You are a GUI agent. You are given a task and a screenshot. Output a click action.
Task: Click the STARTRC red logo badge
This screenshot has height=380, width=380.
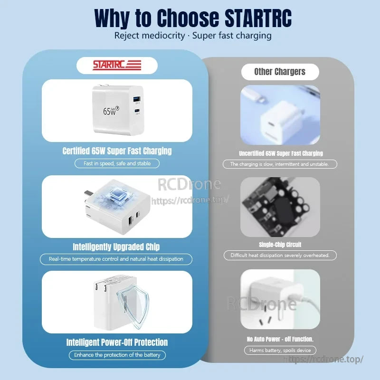click(x=117, y=65)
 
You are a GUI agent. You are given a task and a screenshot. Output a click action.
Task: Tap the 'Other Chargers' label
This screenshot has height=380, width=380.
click(x=280, y=72)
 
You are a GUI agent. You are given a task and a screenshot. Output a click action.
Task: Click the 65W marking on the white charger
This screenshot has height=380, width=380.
click(x=109, y=111)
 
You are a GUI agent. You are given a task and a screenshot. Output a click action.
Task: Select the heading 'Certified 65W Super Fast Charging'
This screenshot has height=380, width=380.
click(x=117, y=151)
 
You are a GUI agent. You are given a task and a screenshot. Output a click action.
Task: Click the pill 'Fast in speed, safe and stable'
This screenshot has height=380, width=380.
click(x=117, y=163)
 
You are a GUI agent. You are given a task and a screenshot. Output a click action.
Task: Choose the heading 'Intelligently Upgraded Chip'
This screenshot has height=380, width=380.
click(x=116, y=247)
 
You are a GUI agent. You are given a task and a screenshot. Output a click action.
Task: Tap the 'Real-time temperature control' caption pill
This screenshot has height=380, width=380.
click(x=116, y=259)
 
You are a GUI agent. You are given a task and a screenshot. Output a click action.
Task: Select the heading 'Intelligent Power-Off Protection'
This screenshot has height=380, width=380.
click(x=117, y=342)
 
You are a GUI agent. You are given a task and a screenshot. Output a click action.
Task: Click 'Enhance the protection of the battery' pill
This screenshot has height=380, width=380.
click(x=117, y=355)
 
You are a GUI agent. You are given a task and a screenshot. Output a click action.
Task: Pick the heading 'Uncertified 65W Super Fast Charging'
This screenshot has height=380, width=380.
click(x=281, y=153)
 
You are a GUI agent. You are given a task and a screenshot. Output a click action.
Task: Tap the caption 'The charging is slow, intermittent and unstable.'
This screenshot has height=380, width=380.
click(x=280, y=164)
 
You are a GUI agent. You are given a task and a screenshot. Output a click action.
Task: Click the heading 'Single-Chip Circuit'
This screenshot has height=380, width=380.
click(x=280, y=245)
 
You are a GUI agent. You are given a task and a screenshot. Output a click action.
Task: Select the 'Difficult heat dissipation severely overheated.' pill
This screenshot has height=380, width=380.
click(x=280, y=256)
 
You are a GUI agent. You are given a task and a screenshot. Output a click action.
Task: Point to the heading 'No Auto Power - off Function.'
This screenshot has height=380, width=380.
click(x=280, y=339)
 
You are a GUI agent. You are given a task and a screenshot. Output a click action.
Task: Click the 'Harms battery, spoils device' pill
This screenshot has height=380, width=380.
click(x=280, y=351)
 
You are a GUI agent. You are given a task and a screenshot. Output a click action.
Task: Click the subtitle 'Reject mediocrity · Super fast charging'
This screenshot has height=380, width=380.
click(x=193, y=36)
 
